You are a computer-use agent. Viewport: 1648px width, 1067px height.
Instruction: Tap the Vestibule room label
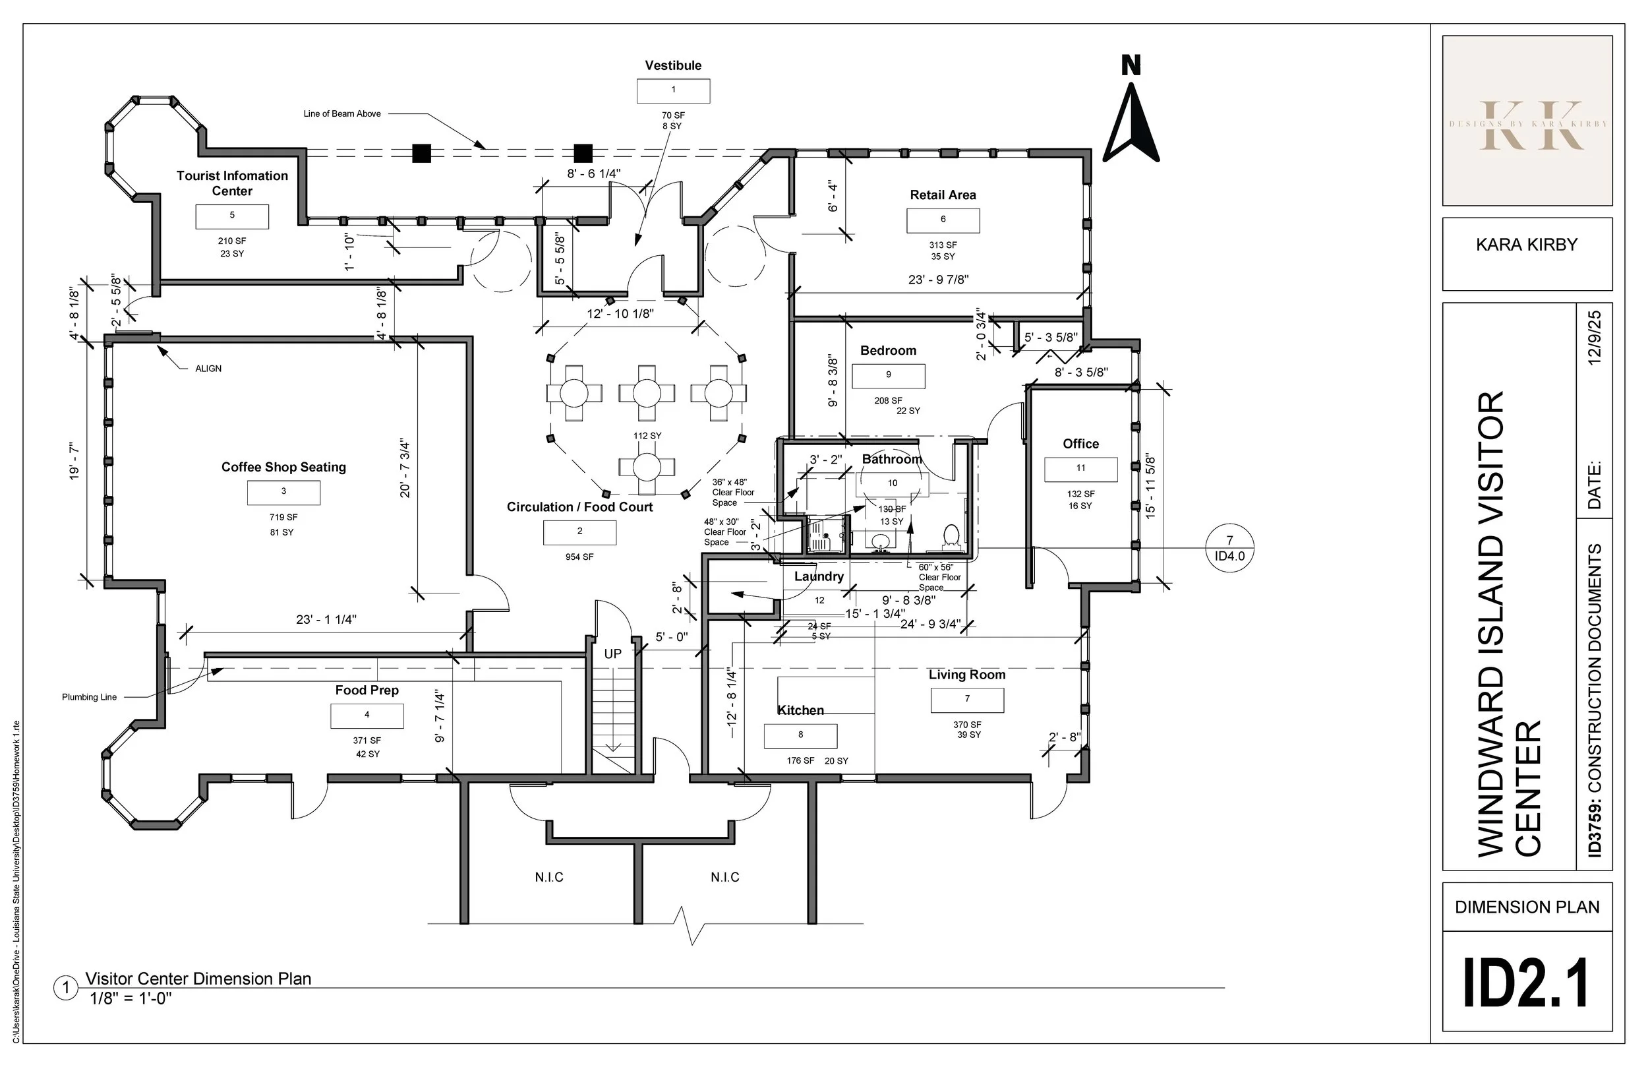(673, 66)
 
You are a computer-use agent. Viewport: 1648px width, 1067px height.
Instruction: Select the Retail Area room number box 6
(943, 220)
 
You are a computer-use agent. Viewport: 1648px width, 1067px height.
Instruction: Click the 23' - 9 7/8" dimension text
(938, 280)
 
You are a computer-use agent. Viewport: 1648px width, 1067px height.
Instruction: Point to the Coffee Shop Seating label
(283, 467)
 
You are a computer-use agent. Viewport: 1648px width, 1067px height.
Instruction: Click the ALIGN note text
(208, 369)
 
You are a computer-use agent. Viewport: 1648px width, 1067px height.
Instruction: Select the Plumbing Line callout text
(90, 697)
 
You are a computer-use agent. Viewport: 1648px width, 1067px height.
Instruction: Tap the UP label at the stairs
(613, 654)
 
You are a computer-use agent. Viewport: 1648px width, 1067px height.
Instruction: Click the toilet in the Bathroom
(951, 537)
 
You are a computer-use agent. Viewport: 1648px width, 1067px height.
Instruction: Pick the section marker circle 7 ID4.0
(1230, 548)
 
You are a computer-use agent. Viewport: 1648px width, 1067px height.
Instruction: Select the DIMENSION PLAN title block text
(1527, 907)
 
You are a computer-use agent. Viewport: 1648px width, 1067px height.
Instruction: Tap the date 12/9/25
(1594, 338)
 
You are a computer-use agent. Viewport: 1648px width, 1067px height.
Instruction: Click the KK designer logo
(1527, 125)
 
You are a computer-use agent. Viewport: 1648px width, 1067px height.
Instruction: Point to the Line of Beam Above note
(342, 113)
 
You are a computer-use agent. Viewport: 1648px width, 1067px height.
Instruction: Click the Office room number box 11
(1080, 469)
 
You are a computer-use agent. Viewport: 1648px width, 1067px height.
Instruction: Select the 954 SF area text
(579, 557)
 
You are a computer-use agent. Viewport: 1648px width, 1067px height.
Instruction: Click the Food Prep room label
(367, 690)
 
